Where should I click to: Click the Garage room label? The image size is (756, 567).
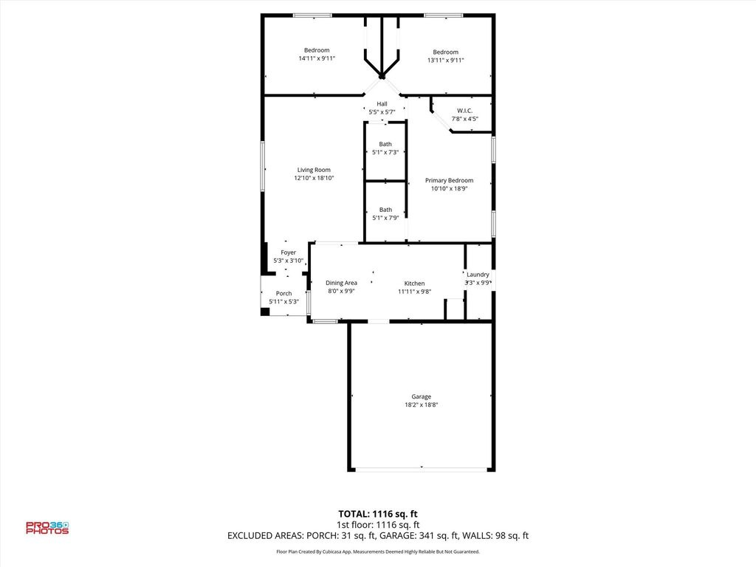pos(421,396)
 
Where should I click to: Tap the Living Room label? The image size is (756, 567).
pos(314,170)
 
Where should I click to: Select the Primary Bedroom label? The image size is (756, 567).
pos(449,180)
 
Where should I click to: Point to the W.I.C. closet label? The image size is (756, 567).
pos(465,111)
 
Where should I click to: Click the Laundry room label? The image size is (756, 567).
pos(478,275)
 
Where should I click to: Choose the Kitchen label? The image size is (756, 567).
pos(414,283)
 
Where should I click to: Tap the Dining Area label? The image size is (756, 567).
pos(341,283)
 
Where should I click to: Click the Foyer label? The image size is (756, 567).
pos(289,252)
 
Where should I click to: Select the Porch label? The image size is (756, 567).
pos(283,293)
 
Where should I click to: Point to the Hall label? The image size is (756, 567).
pos(382,103)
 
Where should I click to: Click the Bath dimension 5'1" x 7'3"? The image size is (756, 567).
pos(385,152)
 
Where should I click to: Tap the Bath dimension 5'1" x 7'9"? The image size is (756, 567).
pos(385,218)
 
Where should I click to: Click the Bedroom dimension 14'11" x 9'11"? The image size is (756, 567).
pos(317,58)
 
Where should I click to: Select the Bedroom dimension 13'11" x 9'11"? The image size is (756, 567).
pos(445,61)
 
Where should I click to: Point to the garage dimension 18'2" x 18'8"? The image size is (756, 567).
pos(421,405)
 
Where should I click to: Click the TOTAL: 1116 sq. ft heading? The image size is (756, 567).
pos(378,514)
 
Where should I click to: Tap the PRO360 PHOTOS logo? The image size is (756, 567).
pos(47,528)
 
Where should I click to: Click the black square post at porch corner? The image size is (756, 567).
pos(265,312)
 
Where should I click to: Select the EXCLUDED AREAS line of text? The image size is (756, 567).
pos(378,536)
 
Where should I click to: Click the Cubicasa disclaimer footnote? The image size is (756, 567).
pos(378,551)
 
